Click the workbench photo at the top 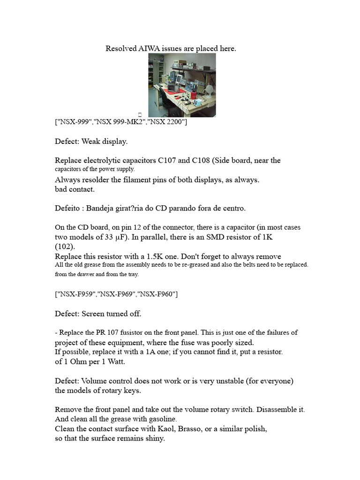pyautogui.click(x=182, y=84)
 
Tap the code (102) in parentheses pyautogui.click(x=64, y=246)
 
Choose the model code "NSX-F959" pyautogui.click(x=76, y=294)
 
